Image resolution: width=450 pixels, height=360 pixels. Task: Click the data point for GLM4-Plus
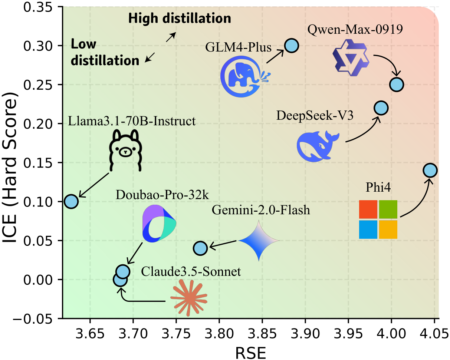tap(292, 46)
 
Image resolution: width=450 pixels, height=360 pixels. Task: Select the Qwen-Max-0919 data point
tap(397, 85)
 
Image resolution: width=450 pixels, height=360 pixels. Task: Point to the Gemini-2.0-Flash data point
tap(200, 248)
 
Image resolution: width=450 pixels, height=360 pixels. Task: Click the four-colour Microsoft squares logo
tap(378, 219)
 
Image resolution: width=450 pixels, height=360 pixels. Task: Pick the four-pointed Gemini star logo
tap(258, 241)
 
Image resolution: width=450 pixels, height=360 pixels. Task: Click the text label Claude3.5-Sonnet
tap(191, 272)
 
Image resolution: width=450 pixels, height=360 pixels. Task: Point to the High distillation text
tap(180, 19)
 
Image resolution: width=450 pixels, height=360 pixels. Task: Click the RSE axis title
tap(250, 352)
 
